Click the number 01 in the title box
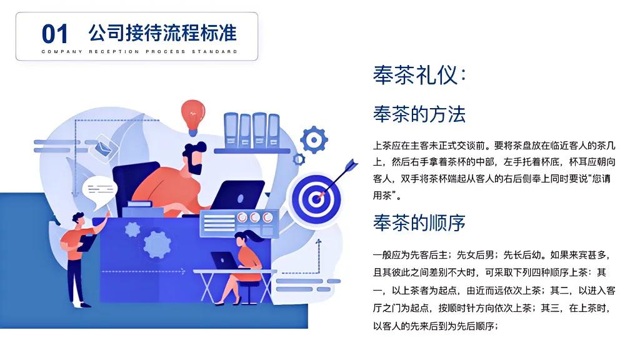55,33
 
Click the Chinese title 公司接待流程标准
162,32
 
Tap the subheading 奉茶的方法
419,114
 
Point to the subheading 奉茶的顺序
419,222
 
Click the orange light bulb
194,114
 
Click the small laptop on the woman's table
222,259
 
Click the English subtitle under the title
139,51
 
